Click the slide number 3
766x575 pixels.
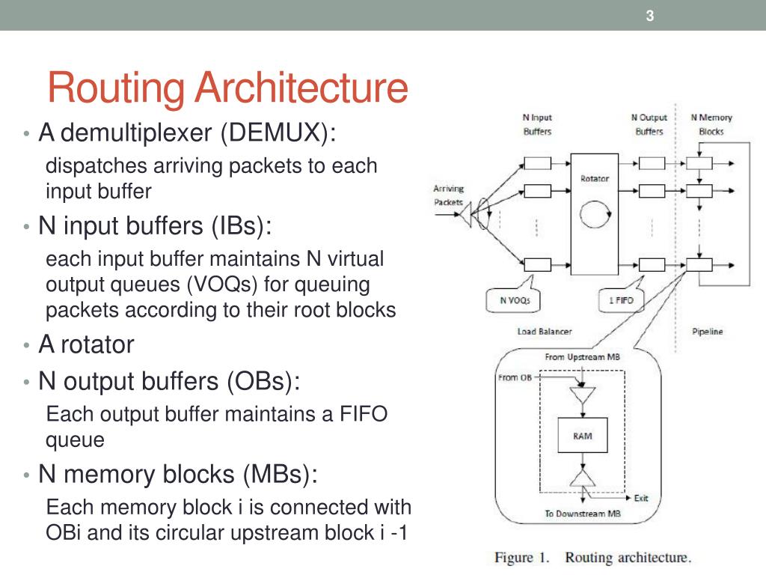tap(650, 15)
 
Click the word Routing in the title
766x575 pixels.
tap(117, 88)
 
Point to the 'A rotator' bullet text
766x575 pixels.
tap(86, 344)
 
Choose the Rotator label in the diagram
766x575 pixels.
tap(595, 178)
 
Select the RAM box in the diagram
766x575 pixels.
tap(583, 436)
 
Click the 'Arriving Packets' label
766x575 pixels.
tap(449, 195)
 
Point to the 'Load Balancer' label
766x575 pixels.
tap(544, 331)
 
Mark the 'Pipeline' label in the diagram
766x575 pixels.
tap(707, 332)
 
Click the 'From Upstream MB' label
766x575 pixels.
tap(582, 356)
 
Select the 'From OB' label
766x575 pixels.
tap(515, 377)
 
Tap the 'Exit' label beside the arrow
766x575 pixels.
tap(641, 498)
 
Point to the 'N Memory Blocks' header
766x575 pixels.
tap(711, 124)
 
